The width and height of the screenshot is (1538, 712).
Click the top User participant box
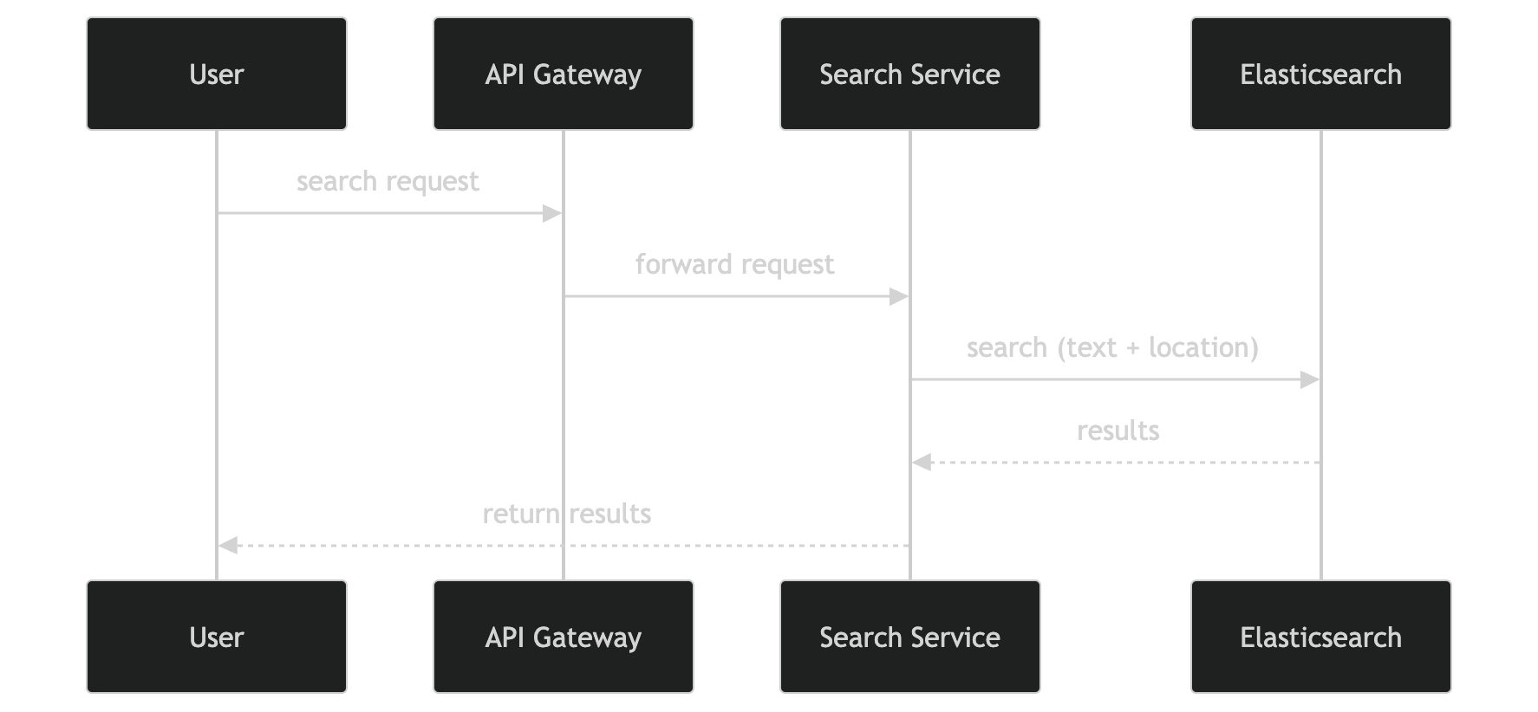(x=217, y=74)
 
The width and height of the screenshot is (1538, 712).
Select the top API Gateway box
(x=564, y=74)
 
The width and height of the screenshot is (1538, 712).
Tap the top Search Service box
(x=909, y=74)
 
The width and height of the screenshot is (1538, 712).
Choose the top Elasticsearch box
(x=1320, y=74)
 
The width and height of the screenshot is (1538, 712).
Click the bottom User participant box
(x=217, y=637)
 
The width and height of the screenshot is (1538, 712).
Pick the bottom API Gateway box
(x=564, y=637)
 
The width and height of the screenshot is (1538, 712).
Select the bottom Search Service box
(x=909, y=637)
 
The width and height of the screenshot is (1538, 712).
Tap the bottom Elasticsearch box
(x=1320, y=637)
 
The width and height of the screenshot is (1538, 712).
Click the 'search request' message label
(x=388, y=182)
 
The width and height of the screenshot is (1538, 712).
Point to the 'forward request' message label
(x=734, y=265)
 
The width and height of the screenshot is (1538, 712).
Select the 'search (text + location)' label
(x=1112, y=348)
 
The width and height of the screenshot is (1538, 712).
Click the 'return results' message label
(x=566, y=515)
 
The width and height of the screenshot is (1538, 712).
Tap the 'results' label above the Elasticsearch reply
(x=1118, y=431)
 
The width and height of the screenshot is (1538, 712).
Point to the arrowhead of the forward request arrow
(x=899, y=296)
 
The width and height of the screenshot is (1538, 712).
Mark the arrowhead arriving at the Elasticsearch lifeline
(x=1310, y=379)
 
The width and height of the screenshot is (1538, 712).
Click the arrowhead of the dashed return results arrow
(x=228, y=546)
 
